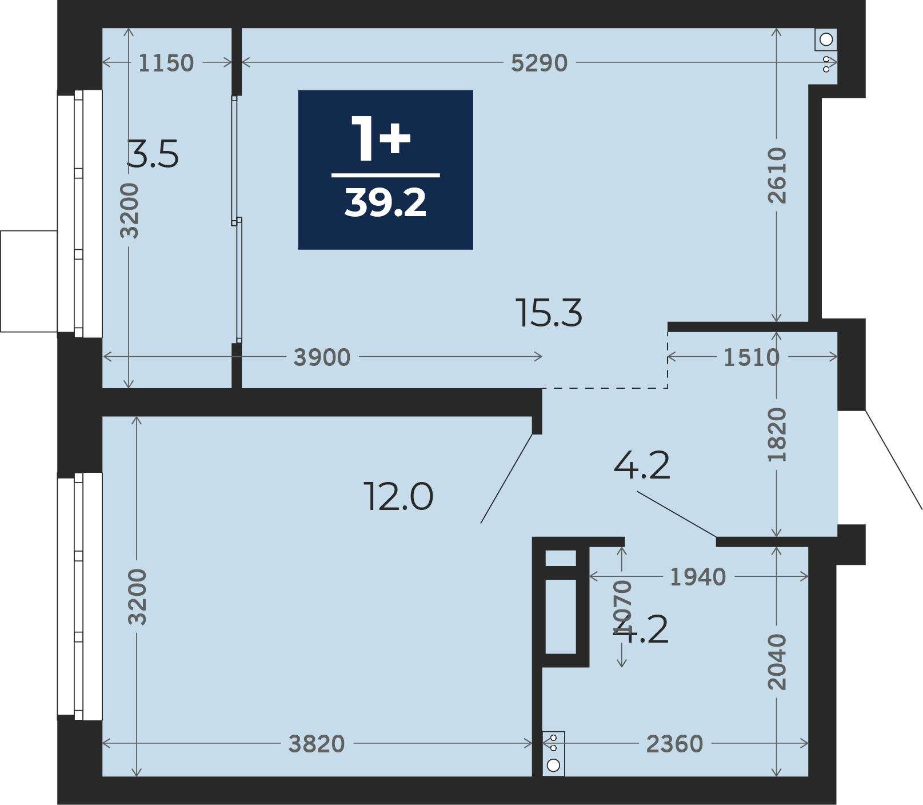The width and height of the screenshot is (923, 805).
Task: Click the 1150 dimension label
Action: point(166,63)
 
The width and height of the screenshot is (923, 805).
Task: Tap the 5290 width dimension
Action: point(539,63)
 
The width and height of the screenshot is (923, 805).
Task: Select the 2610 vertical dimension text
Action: point(777,176)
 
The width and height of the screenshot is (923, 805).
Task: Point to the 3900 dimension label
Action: point(322,357)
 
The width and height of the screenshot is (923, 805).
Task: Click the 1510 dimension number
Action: point(752,357)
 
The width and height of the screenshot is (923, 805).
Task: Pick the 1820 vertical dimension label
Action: point(777,435)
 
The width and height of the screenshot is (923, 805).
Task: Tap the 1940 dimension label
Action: point(698,577)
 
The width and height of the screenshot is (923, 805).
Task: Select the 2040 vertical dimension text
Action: point(777,661)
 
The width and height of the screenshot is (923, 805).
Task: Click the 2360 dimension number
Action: point(674,744)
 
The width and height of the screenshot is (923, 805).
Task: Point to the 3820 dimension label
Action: point(317,744)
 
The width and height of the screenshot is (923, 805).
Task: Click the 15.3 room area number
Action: point(549,313)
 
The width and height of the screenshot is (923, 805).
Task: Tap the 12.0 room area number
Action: point(399,496)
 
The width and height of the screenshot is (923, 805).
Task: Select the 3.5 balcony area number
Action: point(153,154)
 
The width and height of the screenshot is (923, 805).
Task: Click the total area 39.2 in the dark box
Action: point(385,202)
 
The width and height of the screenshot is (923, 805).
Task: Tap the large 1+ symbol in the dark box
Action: point(381,138)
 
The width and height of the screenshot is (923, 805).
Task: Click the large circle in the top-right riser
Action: point(826,39)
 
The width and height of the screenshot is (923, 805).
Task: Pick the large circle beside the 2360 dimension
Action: point(553,765)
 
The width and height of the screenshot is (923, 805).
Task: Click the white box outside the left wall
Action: point(29,281)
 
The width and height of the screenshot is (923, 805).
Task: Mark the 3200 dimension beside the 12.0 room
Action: point(137,596)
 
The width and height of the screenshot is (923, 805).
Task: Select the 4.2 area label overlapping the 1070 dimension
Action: point(641,630)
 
